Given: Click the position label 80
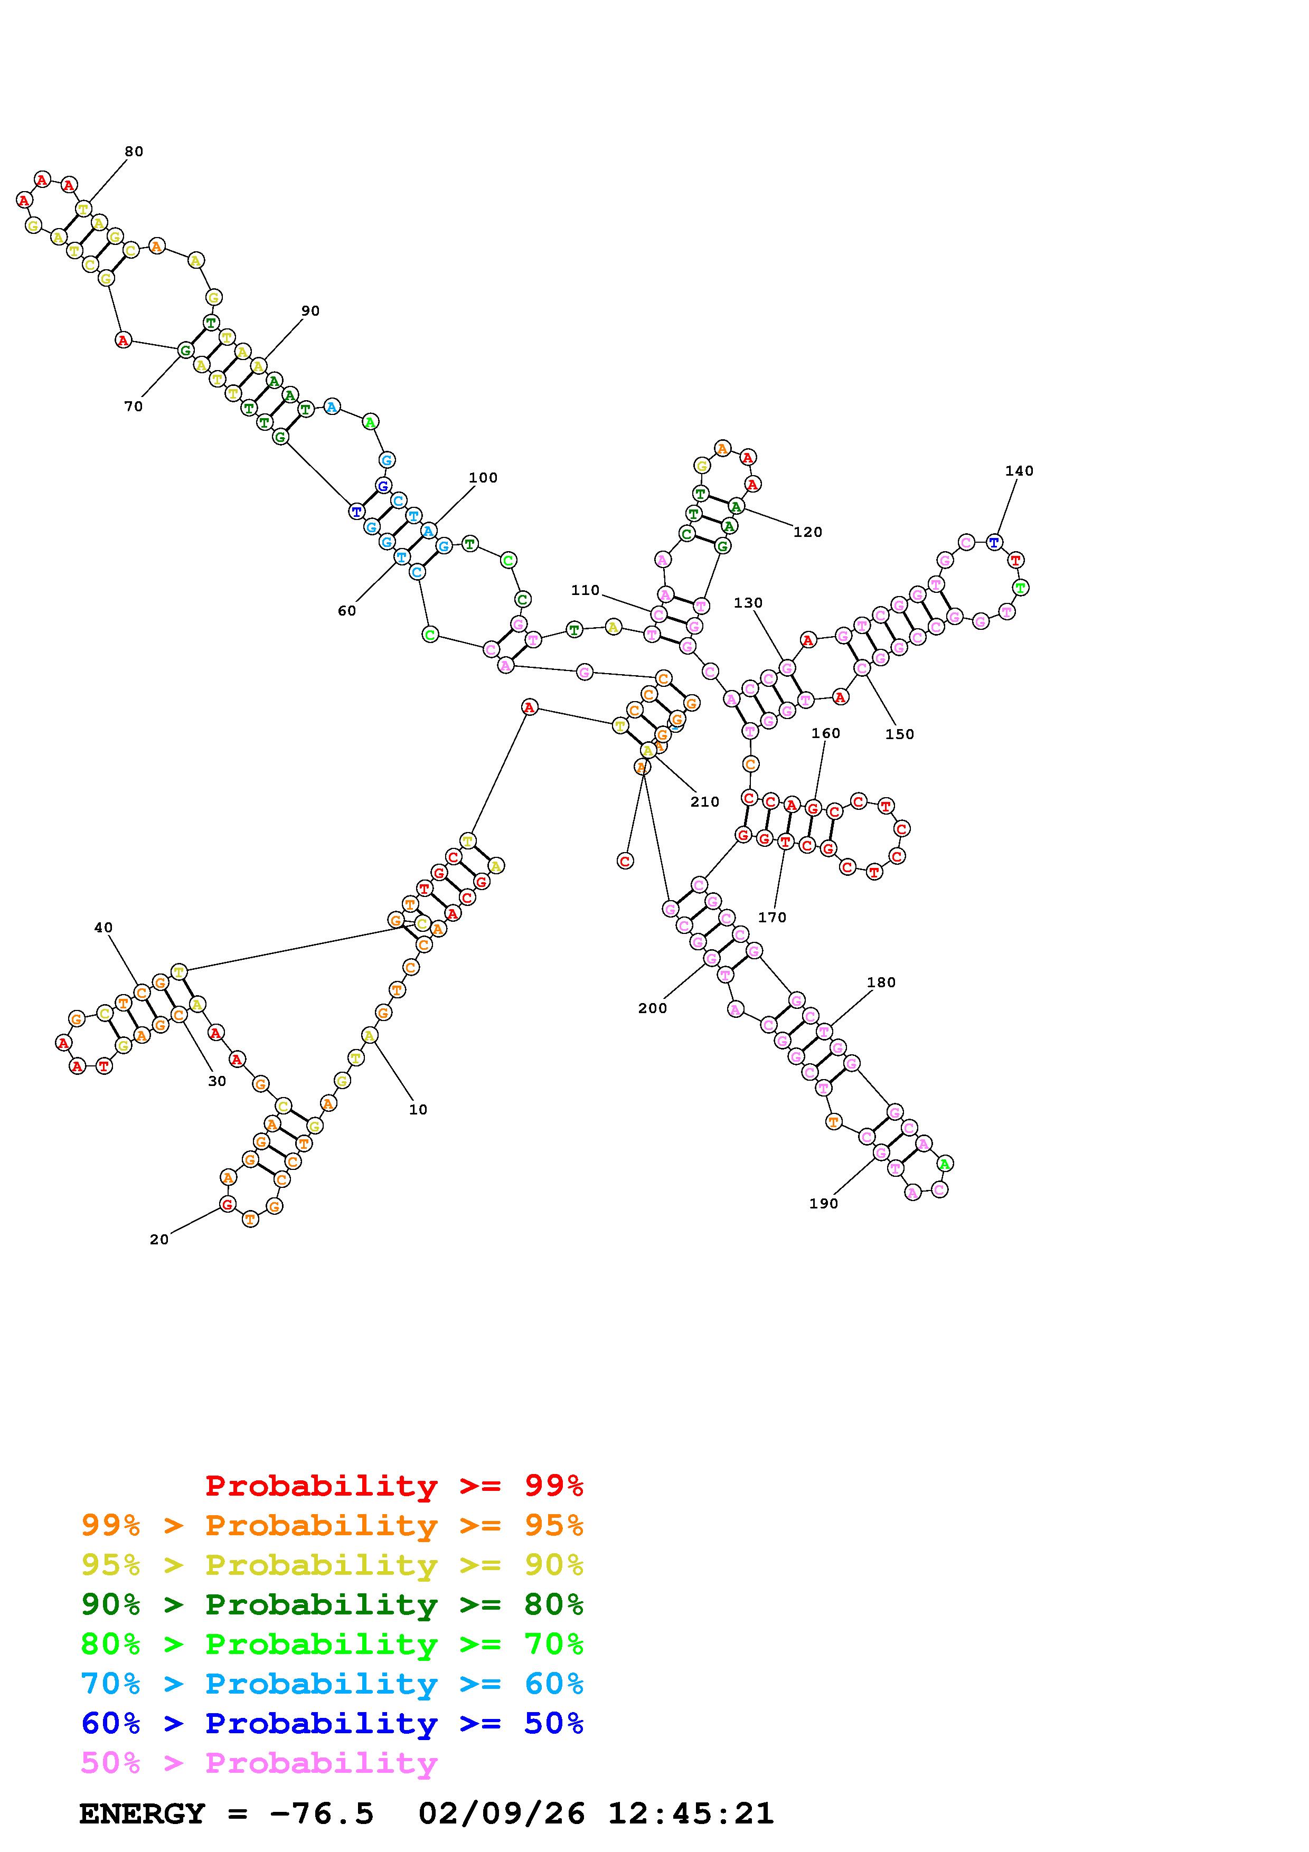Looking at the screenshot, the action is point(134,152).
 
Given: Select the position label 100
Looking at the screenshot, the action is point(483,478).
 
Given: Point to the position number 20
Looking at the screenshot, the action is point(159,1240).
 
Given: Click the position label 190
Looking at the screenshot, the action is point(823,1204).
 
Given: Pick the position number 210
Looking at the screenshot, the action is point(704,802).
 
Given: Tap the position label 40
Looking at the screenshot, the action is point(103,928).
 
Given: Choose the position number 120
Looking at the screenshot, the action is point(807,532).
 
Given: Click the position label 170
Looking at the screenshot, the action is point(772,917).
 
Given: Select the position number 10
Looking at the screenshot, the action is point(418,1110).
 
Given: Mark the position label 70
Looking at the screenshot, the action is point(133,407).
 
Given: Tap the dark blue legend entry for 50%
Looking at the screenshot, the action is point(332,1724).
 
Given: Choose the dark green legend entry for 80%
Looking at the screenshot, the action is point(332,1605).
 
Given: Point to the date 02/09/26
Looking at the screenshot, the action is point(501,1814).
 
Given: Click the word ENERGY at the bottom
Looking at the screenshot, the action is point(142,1814).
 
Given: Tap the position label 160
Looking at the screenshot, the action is point(825,733).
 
